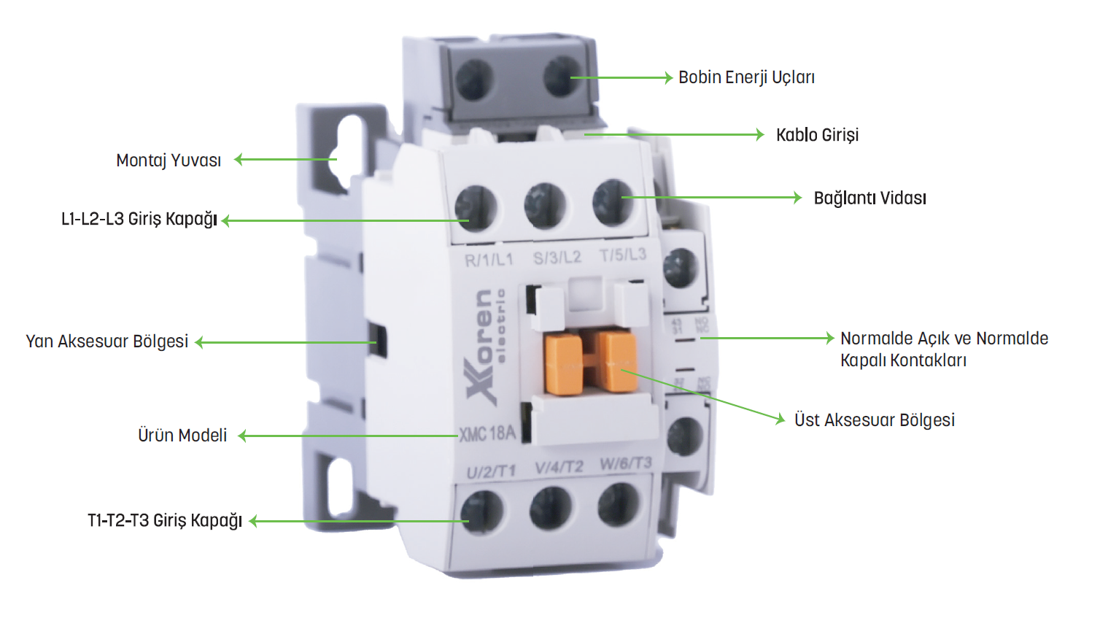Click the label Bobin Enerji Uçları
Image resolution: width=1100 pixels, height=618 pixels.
pos(746,77)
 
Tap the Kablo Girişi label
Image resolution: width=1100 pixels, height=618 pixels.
pos(817,135)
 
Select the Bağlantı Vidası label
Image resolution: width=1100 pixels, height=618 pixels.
pos(869,198)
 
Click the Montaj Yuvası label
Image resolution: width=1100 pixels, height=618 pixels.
pos(169,161)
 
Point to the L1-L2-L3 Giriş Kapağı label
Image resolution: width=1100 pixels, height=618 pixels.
pos(139,220)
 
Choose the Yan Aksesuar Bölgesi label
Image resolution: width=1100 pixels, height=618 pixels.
pos(107,341)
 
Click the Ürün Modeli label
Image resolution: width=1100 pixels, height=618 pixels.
pos(182,436)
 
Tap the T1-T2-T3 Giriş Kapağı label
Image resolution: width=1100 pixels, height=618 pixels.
pos(165,521)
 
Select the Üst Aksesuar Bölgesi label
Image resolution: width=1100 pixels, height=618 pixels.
pos(874,420)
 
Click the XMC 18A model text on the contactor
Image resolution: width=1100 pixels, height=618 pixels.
pos(487,433)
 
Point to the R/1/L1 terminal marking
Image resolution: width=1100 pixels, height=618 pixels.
pos(489,260)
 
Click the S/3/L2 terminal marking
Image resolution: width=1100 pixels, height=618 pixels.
pos(557,258)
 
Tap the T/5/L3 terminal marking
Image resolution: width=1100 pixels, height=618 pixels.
pos(623,255)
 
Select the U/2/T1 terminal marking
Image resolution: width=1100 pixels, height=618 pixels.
pos(491,471)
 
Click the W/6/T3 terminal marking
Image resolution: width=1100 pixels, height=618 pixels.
pos(625,464)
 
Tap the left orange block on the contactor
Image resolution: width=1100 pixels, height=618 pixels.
pos(562,363)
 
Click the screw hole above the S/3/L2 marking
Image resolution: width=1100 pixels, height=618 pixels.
pos(546,206)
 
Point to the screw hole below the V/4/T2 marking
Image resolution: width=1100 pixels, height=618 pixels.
pos(551,507)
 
